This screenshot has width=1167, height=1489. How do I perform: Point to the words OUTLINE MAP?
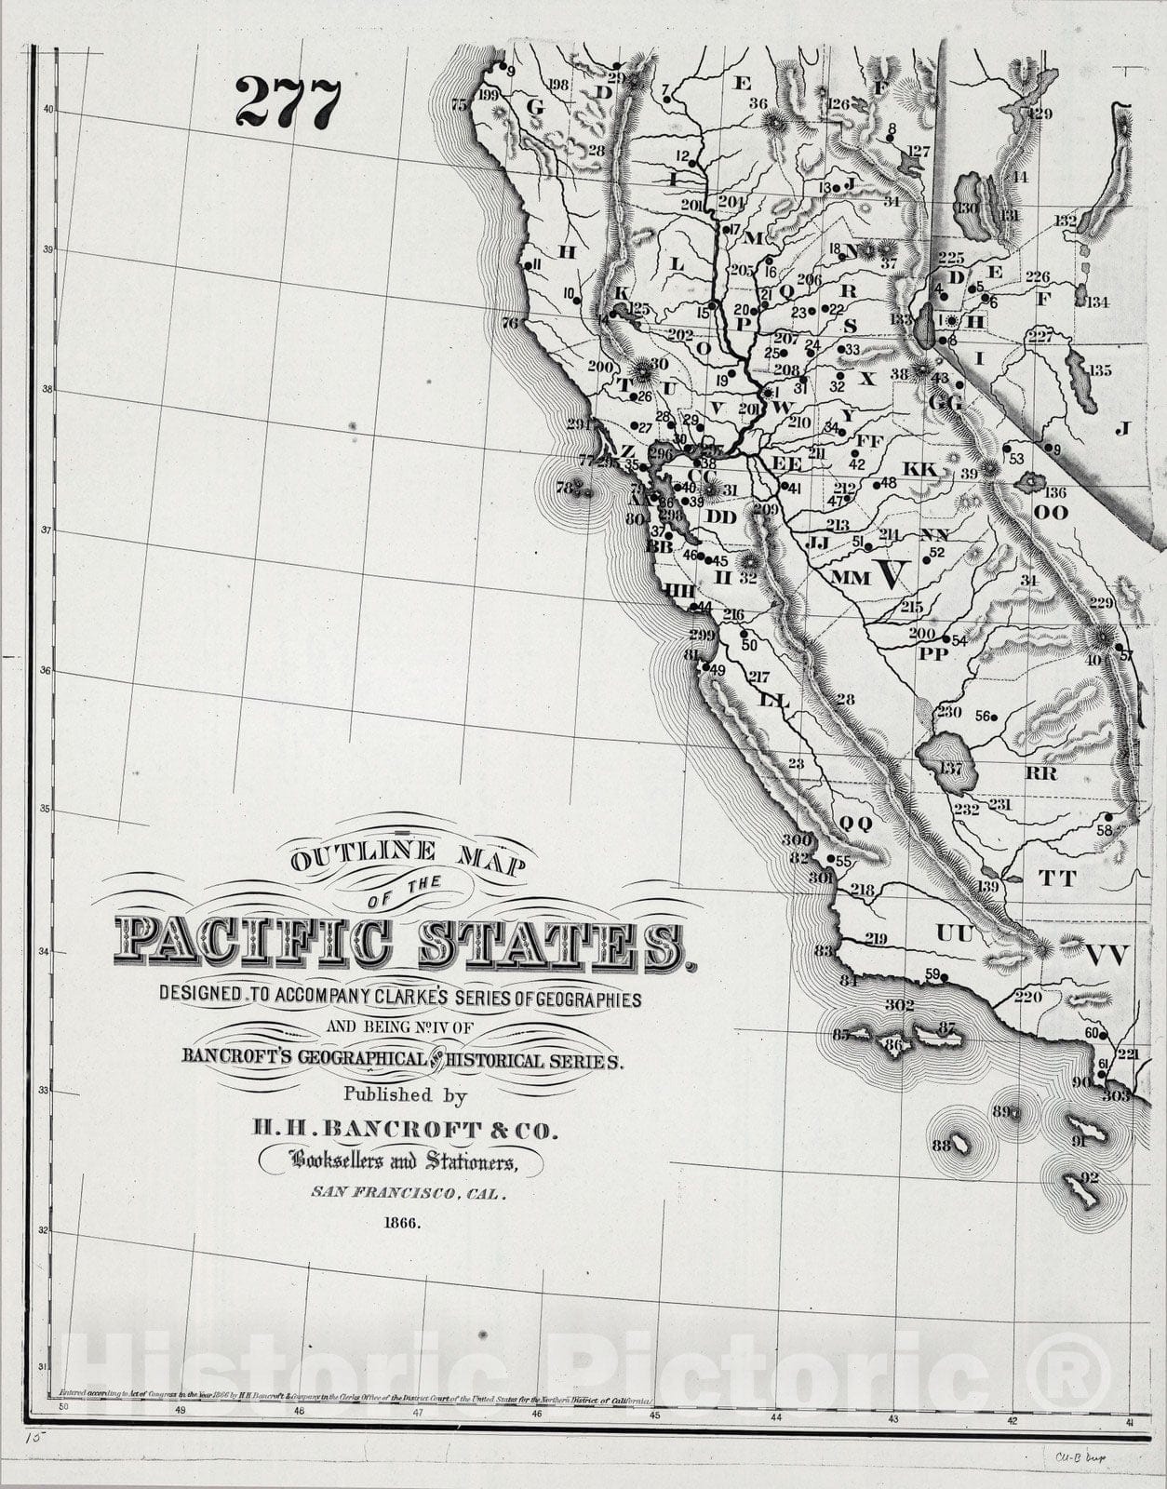[x=408, y=857]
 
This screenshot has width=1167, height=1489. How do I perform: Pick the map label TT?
[x=1057, y=878]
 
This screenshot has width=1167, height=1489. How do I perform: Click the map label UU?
[x=954, y=932]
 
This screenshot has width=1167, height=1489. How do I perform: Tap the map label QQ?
[x=856, y=823]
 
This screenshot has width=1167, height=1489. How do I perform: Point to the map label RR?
[x=1040, y=772]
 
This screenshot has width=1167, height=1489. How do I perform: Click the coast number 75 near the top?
[x=459, y=106]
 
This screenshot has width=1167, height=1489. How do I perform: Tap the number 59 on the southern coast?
[x=933, y=974]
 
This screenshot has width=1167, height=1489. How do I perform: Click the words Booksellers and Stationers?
[x=403, y=1160]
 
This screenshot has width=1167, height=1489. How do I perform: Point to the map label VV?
[x=1107, y=955]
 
